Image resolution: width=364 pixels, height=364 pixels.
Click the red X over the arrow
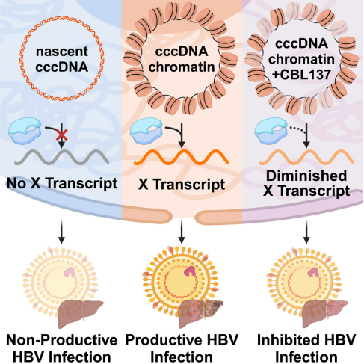point(61,135)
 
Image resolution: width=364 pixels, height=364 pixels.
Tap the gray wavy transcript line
point(61,157)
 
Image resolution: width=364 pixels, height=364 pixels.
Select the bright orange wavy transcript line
point(181,157)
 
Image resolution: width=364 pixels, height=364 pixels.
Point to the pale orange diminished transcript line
point(306,158)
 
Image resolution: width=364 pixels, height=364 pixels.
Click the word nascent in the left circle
point(62,52)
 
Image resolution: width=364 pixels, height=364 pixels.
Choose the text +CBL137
point(301,74)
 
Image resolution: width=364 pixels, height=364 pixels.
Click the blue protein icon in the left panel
point(25,131)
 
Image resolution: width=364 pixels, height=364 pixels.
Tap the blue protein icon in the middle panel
point(146,131)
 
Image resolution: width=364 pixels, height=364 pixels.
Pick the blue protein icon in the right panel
point(271,131)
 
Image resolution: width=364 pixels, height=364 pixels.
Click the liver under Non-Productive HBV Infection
point(80,313)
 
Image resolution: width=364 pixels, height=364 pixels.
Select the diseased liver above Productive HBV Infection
point(200,313)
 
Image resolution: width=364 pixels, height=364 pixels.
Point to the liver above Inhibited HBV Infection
point(324,313)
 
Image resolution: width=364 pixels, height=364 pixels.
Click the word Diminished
point(306,176)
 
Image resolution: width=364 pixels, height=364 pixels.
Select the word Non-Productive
point(62,340)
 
